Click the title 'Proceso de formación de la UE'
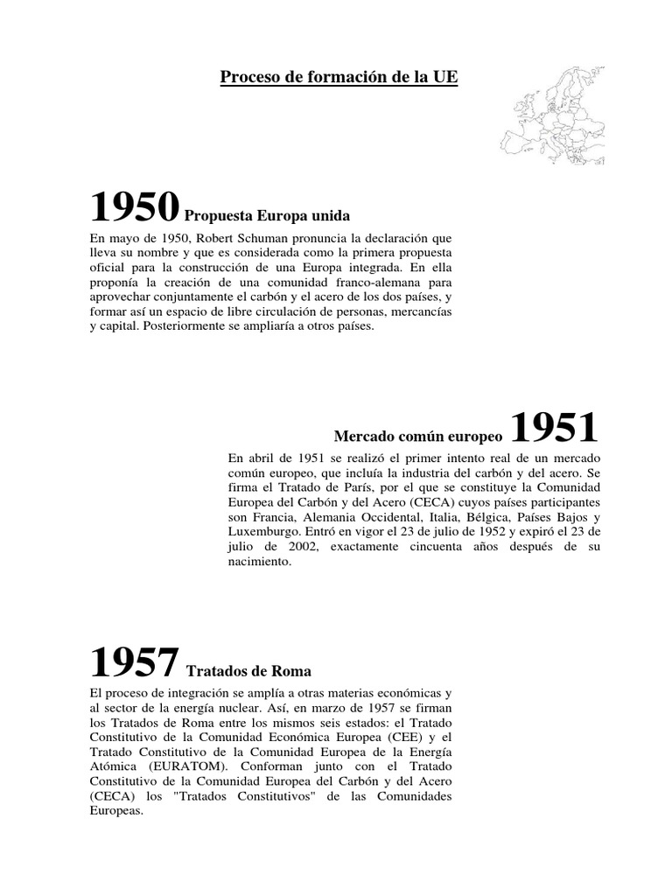(338, 78)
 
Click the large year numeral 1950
(135, 206)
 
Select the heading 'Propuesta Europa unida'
(269, 215)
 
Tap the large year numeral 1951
(553, 428)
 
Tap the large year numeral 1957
(135, 663)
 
